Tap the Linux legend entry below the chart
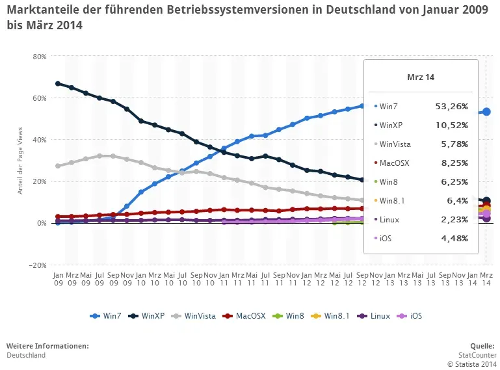(x=376, y=316)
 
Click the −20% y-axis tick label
(x=38, y=265)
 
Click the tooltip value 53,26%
(x=451, y=105)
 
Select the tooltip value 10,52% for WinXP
(x=451, y=124)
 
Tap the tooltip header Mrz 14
(x=421, y=77)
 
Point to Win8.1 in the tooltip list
(x=392, y=201)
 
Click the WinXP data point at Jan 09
(x=58, y=83)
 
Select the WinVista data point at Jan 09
(x=58, y=166)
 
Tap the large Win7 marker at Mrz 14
(x=486, y=112)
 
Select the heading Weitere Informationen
(x=47, y=346)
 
